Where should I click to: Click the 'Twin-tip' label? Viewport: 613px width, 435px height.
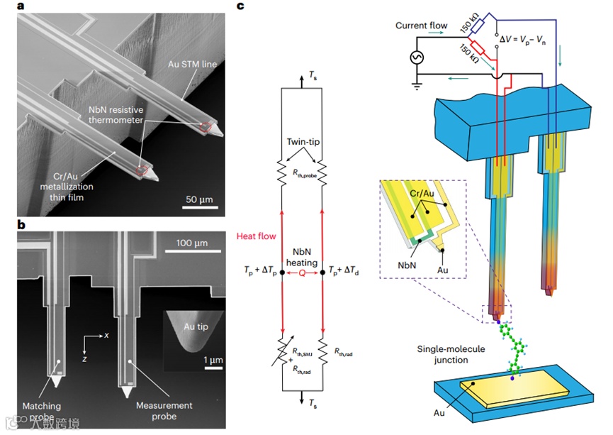click(302, 142)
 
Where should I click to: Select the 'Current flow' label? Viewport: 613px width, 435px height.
click(421, 26)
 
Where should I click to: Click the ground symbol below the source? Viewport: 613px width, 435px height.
click(415, 87)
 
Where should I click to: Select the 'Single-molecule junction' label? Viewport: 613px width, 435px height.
click(443, 355)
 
